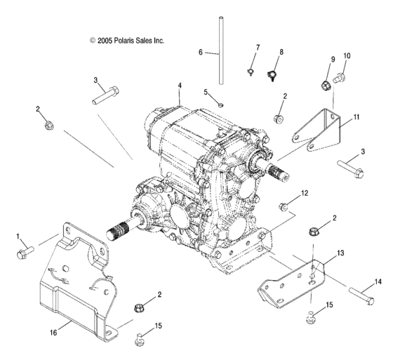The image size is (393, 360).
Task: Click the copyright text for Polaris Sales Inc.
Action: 126,41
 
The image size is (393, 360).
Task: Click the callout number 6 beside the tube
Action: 200,53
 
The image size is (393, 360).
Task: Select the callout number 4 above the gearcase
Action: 179,86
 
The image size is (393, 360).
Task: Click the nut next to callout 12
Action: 286,206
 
